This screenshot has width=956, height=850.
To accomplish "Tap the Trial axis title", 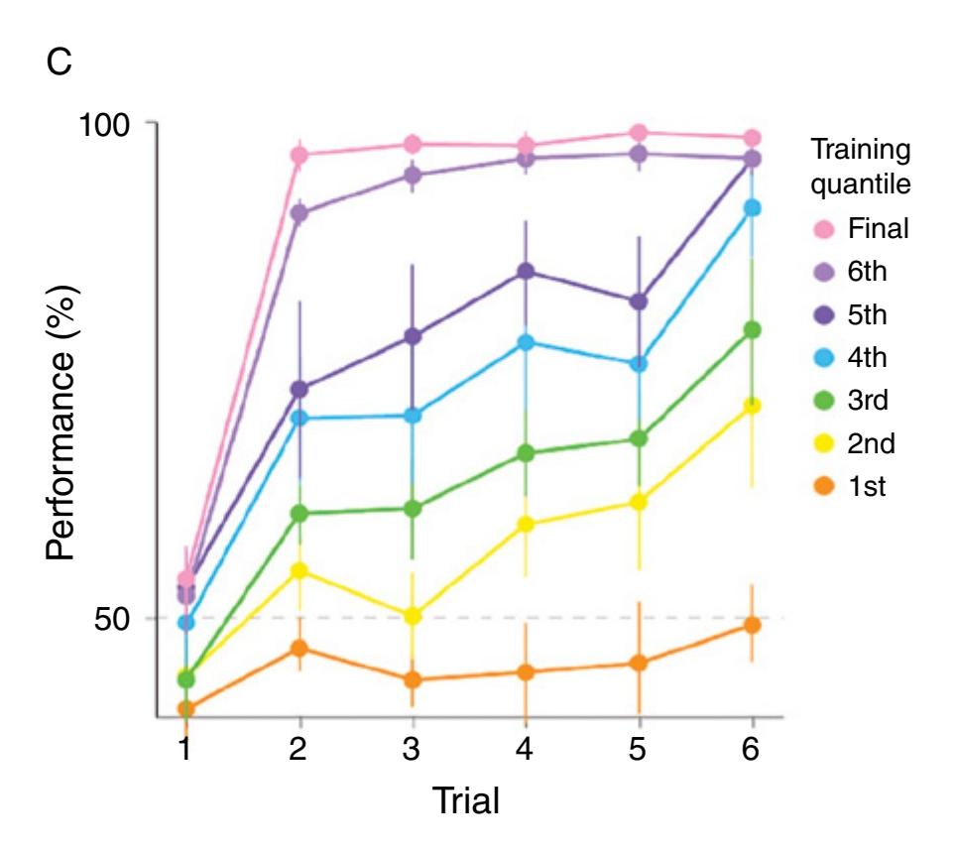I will (465, 799).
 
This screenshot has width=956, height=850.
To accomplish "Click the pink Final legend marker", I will (826, 229).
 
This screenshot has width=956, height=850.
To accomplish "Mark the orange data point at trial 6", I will (752, 625).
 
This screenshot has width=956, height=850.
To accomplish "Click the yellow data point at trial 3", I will (412, 616).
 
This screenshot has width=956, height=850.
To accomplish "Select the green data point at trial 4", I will (525, 453).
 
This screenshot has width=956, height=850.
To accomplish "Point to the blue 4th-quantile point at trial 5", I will (639, 364).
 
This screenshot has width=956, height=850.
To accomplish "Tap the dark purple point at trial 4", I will (525, 272).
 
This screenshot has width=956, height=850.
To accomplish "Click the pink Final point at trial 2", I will (299, 155).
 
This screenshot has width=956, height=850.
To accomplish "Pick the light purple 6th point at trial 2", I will (299, 213).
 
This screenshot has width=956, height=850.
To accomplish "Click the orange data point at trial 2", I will (299, 648).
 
